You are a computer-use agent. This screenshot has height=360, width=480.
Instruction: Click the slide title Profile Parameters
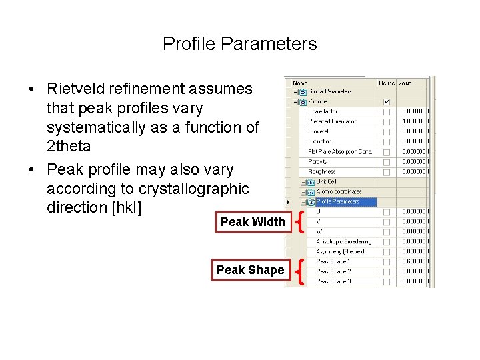[239, 44]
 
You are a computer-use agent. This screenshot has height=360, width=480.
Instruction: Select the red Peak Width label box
[252, 222]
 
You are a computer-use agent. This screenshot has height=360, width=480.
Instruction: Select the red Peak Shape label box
[250, 270]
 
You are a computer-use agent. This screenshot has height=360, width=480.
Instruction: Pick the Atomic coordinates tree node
[338, 192]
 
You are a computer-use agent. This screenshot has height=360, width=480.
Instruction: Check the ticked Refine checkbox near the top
[387, 102]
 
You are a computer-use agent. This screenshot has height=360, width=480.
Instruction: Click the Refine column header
[387, 83]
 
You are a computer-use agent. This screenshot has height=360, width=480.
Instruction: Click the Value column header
[405, 83]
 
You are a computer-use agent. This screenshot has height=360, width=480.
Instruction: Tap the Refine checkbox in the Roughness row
[387, 172]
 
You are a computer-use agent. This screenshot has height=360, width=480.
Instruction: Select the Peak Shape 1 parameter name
[333, 261]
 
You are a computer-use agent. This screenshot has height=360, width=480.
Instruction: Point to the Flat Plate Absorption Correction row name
[341, 152]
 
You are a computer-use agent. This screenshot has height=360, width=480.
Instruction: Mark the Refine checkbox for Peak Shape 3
[387, 281]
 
